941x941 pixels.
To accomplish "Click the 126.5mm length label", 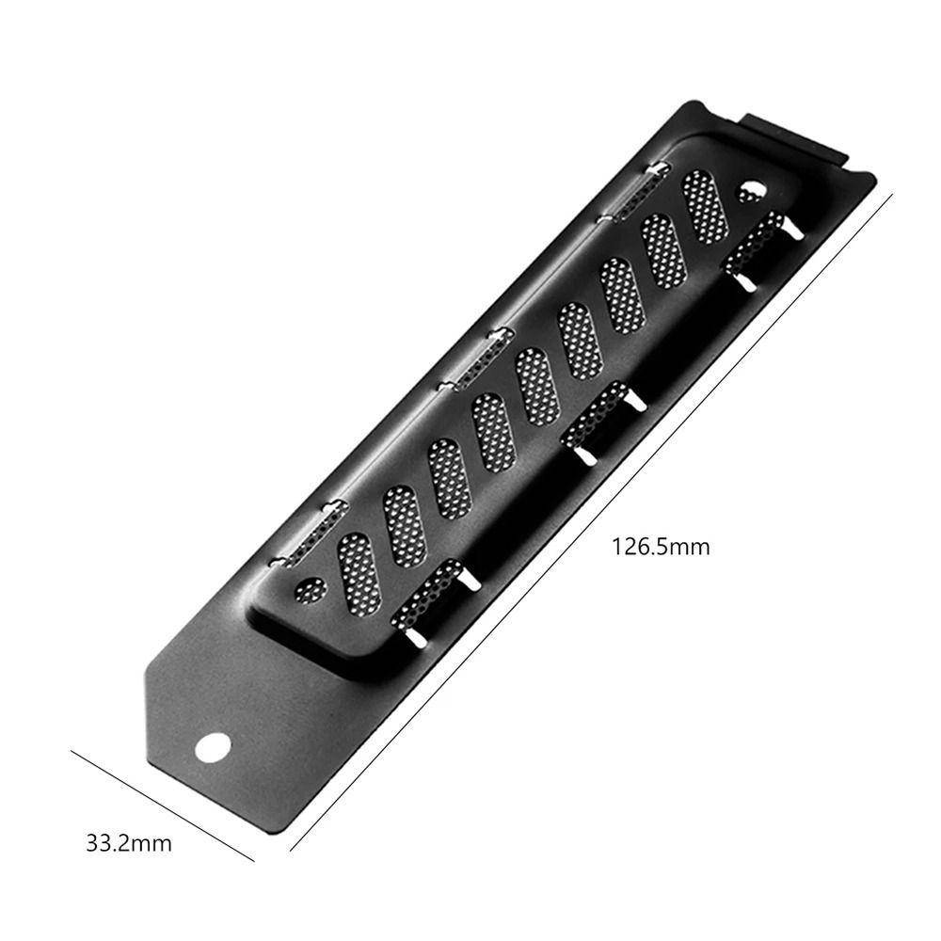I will (661, 546).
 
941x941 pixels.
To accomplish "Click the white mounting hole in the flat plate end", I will (213, 748).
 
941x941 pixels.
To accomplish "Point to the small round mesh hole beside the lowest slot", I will (310, 590).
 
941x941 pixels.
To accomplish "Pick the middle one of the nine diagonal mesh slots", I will (536, 386).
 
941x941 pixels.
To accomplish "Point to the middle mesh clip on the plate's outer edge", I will (476, 358).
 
